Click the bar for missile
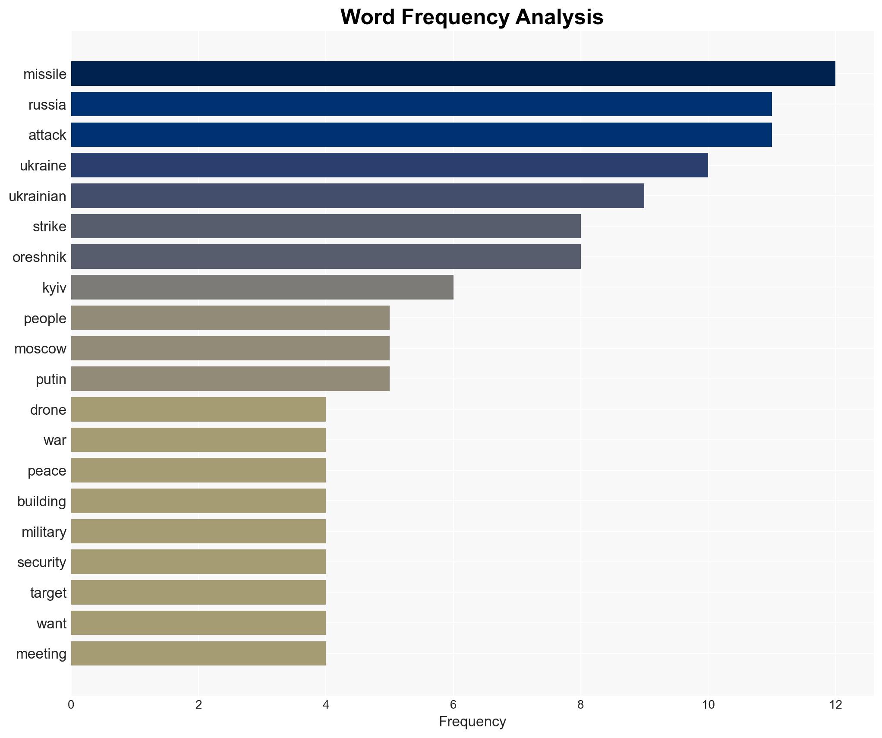pos(453,74)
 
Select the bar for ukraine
pos(389,165)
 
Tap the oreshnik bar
pos(326,257)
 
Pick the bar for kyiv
pos(262,287)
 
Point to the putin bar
pos(230,379)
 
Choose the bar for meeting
pos(198,653)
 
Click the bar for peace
pos(198,470)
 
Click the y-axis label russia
pos(47,105)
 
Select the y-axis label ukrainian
pos(38,196)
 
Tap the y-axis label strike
pos(50,227)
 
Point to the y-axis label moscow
pos(40,349)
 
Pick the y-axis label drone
pos(48,410)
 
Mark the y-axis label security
pos(42,562)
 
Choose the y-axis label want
pos(51,624)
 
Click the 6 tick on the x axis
pos(453,705)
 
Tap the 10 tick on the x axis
pos(708,705)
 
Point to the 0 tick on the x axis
pos(71,705)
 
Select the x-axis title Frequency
pos(472,722)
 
